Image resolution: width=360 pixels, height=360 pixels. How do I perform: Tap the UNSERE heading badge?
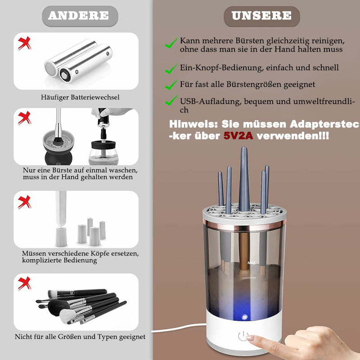point(262,16)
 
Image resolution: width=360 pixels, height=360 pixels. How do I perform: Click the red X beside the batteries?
point(25,43)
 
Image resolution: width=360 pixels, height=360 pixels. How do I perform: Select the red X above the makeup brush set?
point(25,283)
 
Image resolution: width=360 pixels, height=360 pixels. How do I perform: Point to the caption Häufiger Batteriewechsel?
point(80,97)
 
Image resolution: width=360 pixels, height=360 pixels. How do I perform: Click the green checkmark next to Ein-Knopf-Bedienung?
point(171,69)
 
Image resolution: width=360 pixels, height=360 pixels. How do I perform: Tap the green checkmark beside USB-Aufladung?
point(171,100)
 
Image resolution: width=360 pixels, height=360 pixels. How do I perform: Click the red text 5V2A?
point(238,136)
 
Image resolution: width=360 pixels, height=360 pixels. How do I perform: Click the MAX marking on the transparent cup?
point(252,263)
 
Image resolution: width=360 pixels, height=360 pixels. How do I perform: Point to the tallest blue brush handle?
point(244,179)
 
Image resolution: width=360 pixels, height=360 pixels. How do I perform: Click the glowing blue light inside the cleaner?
point(244,317)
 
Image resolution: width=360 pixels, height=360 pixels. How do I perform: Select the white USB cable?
point(179,328)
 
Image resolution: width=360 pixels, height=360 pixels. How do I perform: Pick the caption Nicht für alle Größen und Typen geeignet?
point(80,337)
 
